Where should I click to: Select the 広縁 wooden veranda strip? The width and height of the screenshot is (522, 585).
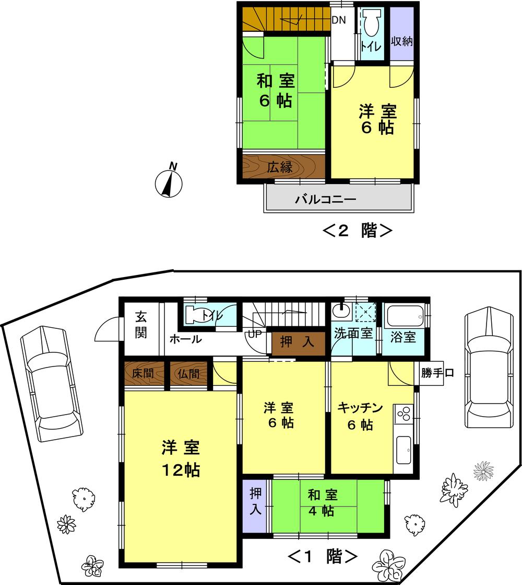[x=283, y=167]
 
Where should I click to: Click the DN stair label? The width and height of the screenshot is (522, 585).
[x=338, y=21]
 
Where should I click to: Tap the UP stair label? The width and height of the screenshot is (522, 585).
[x=254, y=334]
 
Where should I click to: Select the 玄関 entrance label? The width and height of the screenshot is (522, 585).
[x=141, y=325]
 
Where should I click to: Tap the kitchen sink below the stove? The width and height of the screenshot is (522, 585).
[x=405, y=450]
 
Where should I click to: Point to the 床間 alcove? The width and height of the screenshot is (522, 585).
[x=143, y=375]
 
